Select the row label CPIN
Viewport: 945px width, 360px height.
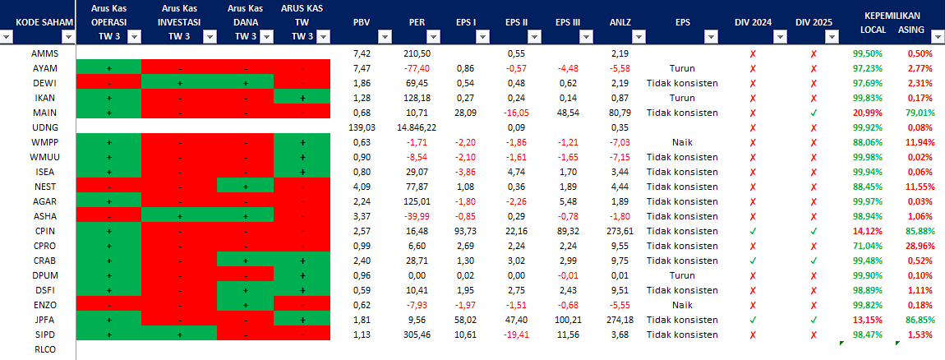tap(44, 231)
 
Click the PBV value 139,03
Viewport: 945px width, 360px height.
tap(362, 127)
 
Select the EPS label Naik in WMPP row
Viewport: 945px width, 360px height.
tap(683, 142)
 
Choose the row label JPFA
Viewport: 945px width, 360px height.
tap(44, 320)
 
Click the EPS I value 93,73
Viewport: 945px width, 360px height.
tap(464, 231)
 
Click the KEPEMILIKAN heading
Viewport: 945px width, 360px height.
tap(892, 15)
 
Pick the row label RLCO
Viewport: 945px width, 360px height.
tap(44, 349)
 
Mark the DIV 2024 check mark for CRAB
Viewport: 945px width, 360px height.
tap(753, 261)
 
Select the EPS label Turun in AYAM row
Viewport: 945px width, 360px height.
tap(683, 68)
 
